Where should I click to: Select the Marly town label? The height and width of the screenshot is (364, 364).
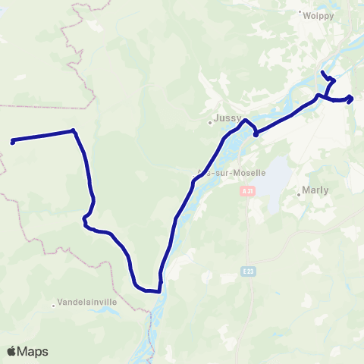(316, 190)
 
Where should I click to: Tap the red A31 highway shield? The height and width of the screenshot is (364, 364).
(246, 192)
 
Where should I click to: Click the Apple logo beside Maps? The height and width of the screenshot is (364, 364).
(12, 351)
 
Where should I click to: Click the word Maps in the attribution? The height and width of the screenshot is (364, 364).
(33, 351)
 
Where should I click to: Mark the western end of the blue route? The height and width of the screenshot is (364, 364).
(13, 141)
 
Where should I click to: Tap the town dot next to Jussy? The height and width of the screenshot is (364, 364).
(210, 121)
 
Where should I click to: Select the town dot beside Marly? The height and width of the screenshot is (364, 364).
(299, 194)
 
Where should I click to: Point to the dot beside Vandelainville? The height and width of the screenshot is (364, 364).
(53, 305)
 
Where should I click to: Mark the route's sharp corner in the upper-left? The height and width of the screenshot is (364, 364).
(74, 130)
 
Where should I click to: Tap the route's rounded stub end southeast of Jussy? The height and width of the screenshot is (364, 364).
(256, 134)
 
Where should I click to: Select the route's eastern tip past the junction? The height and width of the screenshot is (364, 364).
(350, 97)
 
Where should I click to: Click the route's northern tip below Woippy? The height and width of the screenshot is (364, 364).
(323, 72)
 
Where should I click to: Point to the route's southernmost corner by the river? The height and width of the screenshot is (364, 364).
(159, 290)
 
